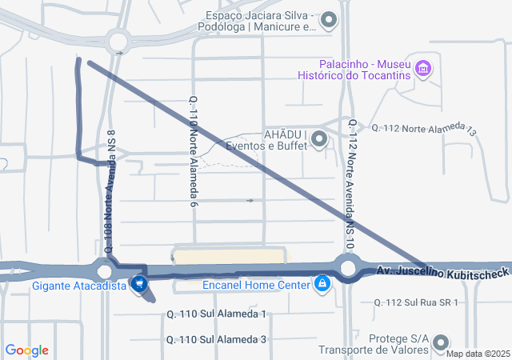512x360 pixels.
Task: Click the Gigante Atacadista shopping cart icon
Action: (140, 283)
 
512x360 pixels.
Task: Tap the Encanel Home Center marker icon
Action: (322, 283)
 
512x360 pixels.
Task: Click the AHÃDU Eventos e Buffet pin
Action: (320, 140)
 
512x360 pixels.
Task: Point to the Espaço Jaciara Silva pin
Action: (330, 20)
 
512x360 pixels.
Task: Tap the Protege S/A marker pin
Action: (441, 344)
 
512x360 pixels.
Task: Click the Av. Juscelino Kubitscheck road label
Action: (442, 274)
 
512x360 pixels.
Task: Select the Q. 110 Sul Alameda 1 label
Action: (216, 314)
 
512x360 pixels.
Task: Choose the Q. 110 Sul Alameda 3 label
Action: (216, 340)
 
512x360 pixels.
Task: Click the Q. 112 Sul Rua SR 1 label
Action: (416, 302)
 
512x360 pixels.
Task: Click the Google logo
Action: (26, 350)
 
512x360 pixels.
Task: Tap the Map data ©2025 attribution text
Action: (478, 354)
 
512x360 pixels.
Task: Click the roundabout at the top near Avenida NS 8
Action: (118, 40)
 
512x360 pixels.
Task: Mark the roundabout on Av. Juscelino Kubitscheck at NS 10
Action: (347, 268)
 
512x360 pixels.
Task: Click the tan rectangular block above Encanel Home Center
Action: (229, 256)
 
